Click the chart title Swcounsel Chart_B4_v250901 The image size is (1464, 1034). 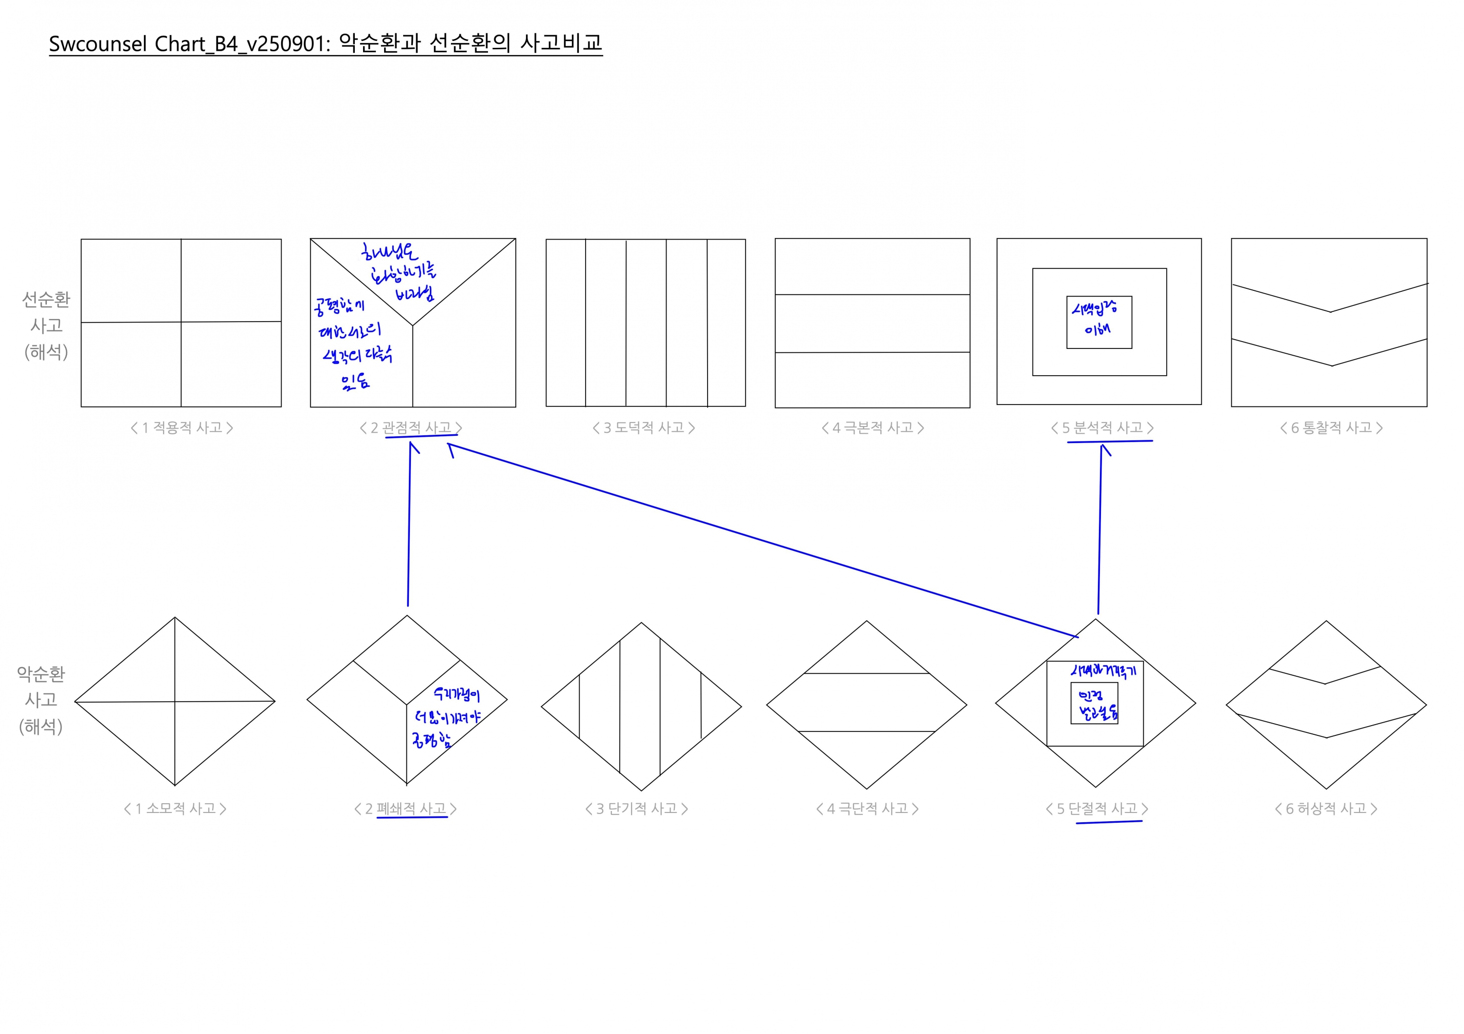(x=325, y=43)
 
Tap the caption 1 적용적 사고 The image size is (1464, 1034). (x=182, y=428)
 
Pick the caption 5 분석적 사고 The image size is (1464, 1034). (x=1102, y=428)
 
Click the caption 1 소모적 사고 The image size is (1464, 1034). (x=175, y=809)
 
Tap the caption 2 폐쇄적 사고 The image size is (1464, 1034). (x=406, y=809)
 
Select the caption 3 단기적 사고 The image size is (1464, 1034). (x=636, y=809)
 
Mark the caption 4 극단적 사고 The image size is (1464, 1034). (x=867, y=809)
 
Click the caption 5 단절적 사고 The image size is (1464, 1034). (x=1097, y=809)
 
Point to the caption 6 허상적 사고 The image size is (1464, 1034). (x=1326, y=809)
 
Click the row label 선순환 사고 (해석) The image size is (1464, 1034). (x=46, y=325)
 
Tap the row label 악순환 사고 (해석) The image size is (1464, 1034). (x=41, y=700)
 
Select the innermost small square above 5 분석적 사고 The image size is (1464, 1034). (x=1099, y=322)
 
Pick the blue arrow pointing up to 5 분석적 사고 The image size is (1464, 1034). (x=1100, y=529)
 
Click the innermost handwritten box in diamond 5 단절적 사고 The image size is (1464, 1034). (x=1094, y=703)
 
